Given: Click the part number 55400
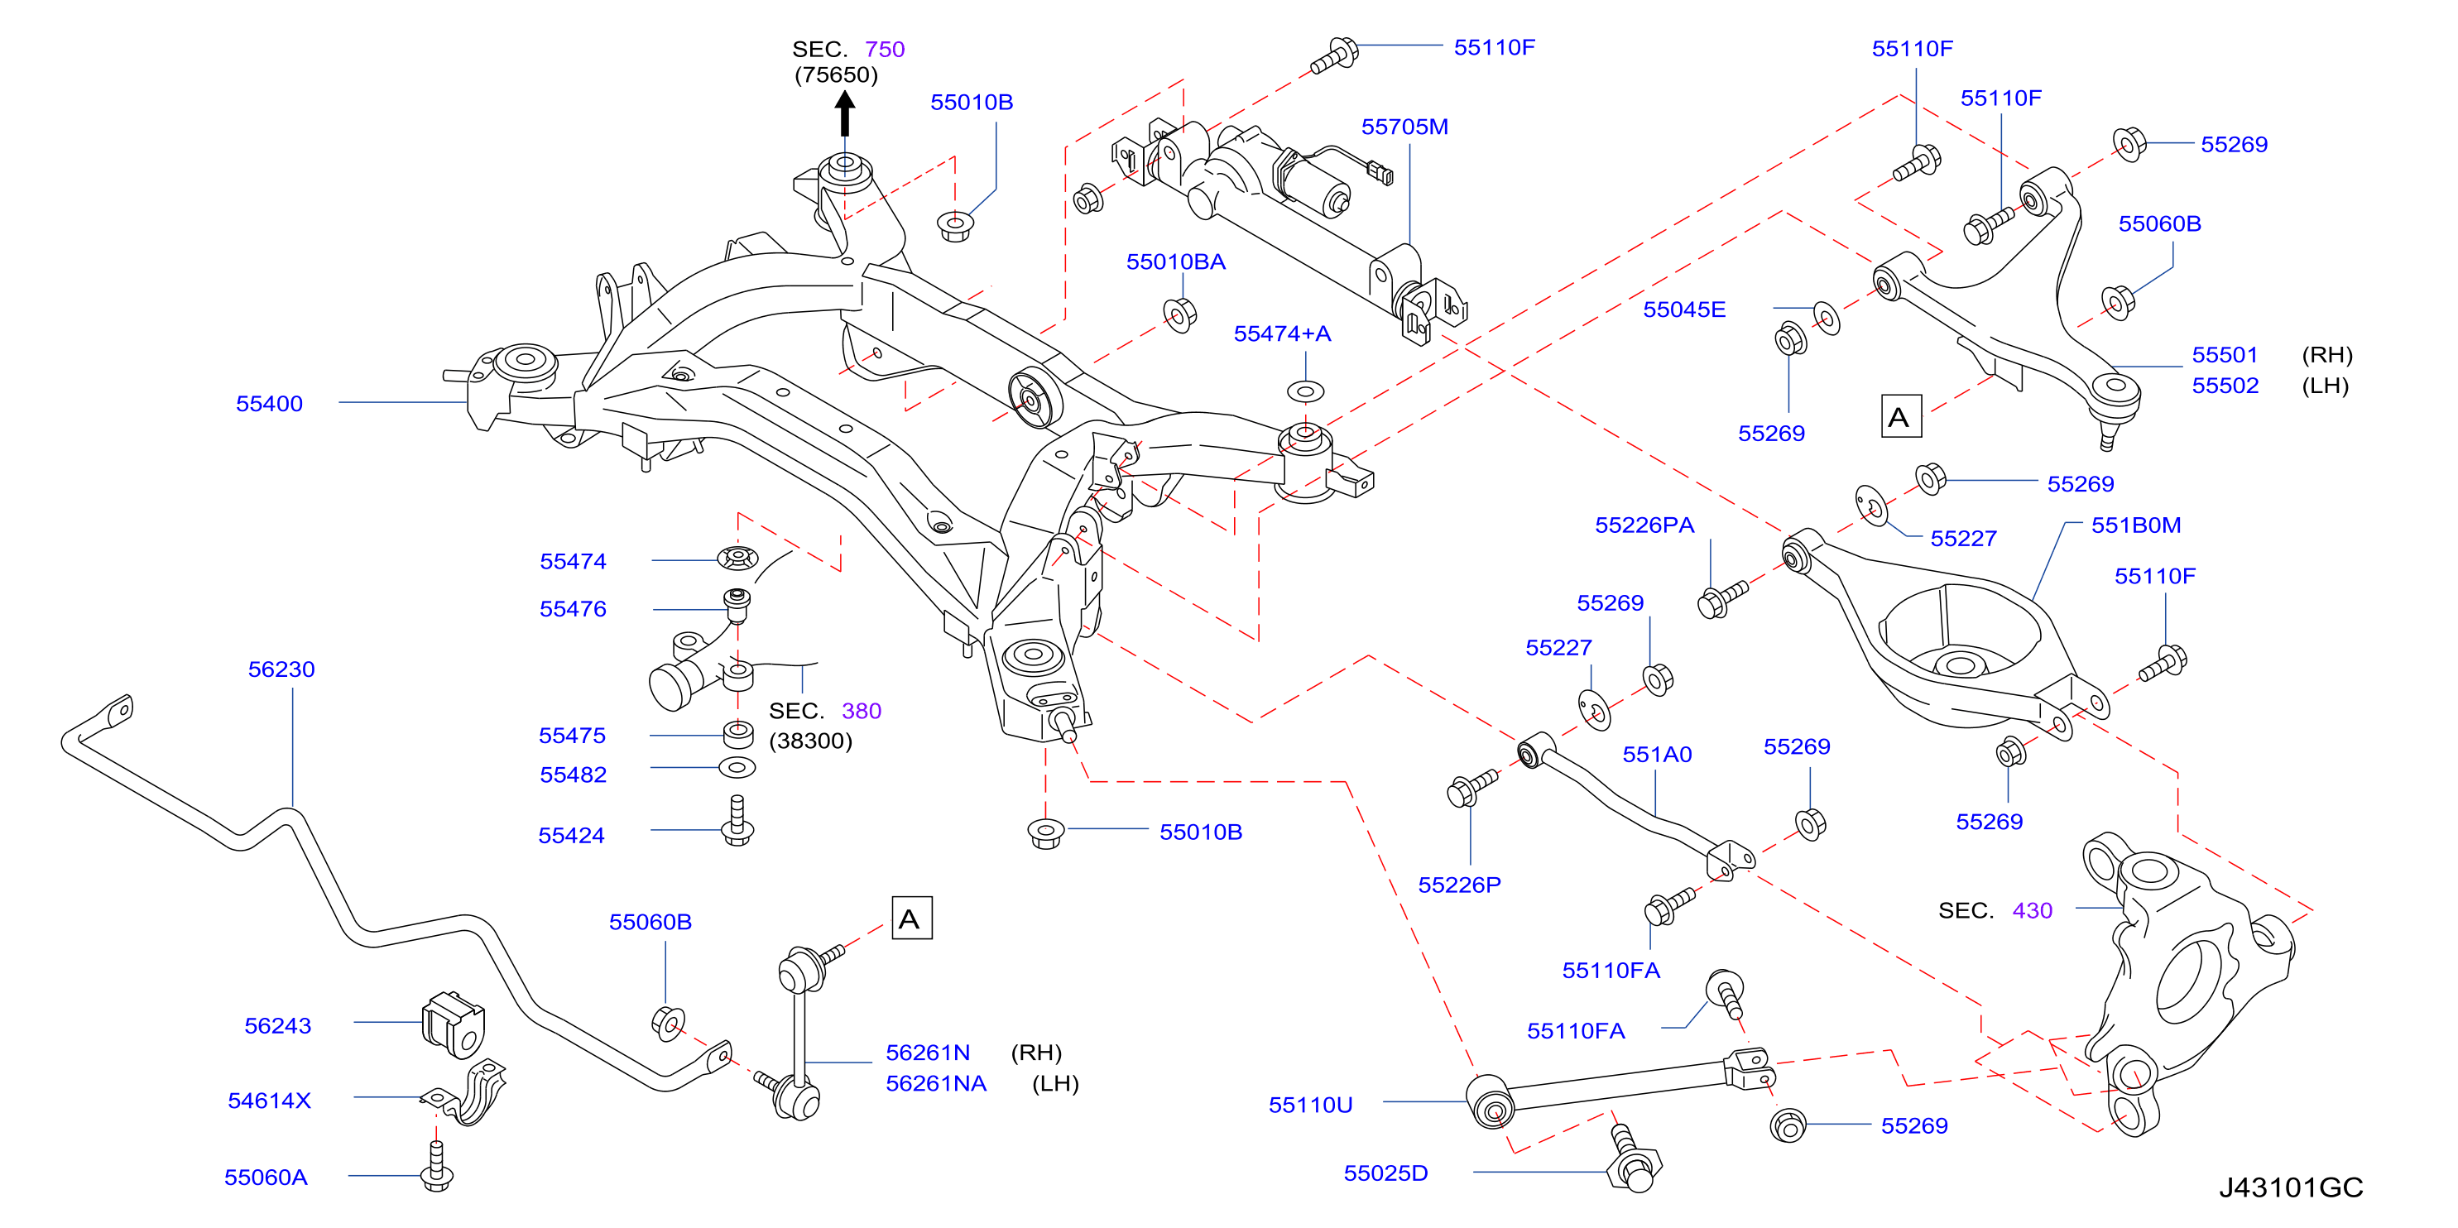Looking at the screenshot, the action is [269, 404].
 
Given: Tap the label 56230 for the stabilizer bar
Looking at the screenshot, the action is [281, 669].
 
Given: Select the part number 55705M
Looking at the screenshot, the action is [1404, 127].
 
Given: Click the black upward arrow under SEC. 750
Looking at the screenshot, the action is [844, 113].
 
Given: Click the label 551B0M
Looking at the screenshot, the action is [2136, 525].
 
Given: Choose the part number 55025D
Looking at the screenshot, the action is [1385, 1173].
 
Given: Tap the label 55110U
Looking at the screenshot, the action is [1310, 1105].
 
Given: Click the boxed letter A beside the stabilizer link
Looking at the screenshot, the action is [911, 919].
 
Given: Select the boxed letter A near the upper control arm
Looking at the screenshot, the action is [1901, 417].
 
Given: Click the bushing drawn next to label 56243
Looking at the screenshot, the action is [454, 1024].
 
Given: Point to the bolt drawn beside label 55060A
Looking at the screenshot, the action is [437, 1167].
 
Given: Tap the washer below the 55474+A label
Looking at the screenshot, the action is [1305, 391].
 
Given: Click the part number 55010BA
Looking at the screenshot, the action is [1175, 261].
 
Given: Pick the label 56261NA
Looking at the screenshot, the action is [936, 1083].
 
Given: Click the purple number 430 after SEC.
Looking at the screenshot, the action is [2033, 910].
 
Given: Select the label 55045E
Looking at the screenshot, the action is [1684, 309].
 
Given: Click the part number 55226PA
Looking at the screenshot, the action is [1644, 525].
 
